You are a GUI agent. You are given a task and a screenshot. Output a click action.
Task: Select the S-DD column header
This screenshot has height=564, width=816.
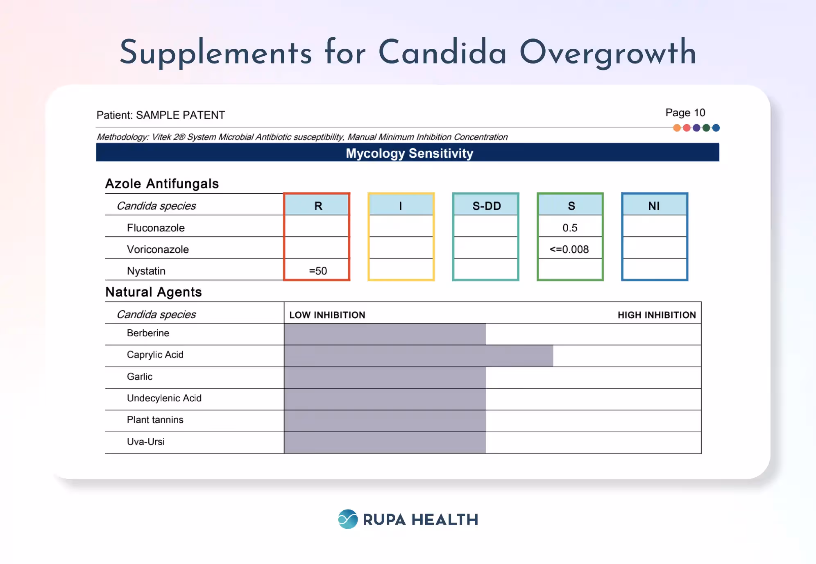[486, 206]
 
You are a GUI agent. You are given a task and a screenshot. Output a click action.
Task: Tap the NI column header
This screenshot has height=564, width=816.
[654, 206]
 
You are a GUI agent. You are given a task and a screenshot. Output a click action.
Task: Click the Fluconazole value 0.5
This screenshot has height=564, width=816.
[570, 228]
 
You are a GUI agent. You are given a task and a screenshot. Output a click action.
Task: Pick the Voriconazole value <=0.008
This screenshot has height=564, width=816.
[569, 249]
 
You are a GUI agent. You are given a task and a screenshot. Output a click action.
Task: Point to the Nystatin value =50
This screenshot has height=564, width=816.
[317, 271]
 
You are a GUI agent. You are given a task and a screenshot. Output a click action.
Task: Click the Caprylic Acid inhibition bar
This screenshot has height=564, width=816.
[418, 356]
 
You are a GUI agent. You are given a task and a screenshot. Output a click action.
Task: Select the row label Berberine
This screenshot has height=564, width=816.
[148, 333]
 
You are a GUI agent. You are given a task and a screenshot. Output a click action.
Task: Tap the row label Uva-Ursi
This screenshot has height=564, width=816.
[145, 442]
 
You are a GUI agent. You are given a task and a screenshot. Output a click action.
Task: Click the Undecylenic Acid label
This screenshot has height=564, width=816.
[164, 398]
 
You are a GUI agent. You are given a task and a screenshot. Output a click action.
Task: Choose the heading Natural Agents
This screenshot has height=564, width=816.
[154, 292]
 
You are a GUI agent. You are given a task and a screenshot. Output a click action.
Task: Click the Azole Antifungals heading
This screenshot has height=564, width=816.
[162, 183]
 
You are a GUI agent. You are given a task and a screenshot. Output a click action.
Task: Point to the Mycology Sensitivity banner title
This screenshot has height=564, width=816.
[409, 153]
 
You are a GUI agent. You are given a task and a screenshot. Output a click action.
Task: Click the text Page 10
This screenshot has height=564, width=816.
[685, 113]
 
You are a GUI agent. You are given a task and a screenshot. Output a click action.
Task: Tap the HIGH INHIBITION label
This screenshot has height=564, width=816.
[657, 315]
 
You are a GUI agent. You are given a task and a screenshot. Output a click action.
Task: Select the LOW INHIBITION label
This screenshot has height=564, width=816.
[327, 315]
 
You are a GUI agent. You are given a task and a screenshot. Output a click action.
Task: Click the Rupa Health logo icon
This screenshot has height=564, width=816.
[348, 519]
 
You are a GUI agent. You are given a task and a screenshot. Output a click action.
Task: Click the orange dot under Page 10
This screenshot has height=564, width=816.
[677, 128]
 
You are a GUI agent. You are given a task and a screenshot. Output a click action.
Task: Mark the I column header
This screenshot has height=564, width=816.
[401, 206]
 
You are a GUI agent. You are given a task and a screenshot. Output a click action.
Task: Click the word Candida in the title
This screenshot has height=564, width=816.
[442, 52]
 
